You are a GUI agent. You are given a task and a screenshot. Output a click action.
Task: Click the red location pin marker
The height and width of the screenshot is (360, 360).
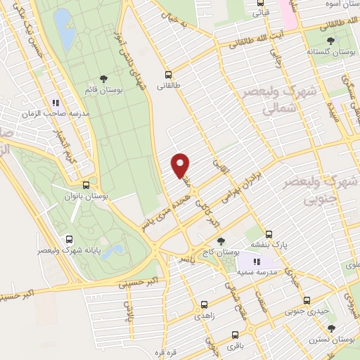tap(181, 165)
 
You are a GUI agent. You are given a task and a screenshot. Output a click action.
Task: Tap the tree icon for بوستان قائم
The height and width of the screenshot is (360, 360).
tap(104, 79)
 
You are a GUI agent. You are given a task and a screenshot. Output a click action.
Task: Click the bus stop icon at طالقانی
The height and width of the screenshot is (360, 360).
tap(168, 75)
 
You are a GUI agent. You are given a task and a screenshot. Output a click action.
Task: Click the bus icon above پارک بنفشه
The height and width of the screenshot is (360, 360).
tap(269, 234)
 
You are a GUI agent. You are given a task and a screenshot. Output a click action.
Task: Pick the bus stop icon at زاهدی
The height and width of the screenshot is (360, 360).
tap(204, 305)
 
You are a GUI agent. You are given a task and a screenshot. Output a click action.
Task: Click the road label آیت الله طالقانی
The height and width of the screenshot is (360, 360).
tap(264, 39)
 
